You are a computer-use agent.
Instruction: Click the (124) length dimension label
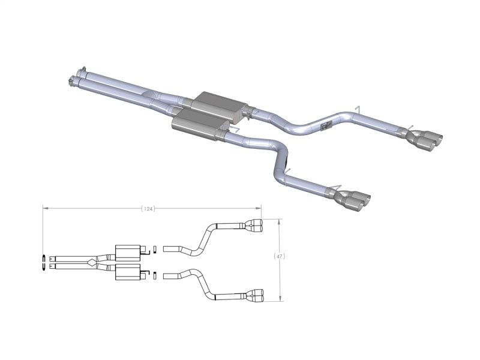pos(148,209)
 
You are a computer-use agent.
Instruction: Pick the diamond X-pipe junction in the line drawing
pos(90,262)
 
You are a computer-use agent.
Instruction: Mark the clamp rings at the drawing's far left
pos(46,262)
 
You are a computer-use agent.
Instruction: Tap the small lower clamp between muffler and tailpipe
pos(155,275)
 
